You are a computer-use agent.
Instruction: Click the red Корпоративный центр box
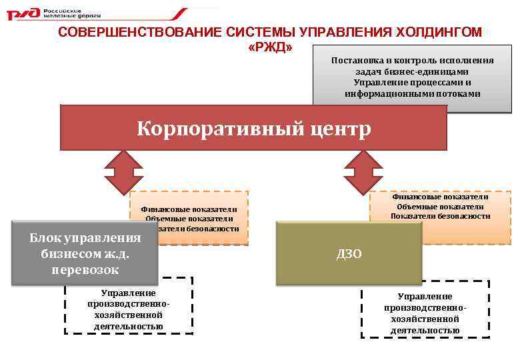coord(253,127)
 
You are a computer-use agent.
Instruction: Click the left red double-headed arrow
coord(123,172)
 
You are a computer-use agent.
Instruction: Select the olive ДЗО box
coord(349,253)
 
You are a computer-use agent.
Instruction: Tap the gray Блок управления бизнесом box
coord(85,254)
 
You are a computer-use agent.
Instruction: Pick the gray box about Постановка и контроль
coord(412,77)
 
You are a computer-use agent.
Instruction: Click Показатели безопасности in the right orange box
coord(440,216)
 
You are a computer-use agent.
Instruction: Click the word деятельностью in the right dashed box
coord(425,330)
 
